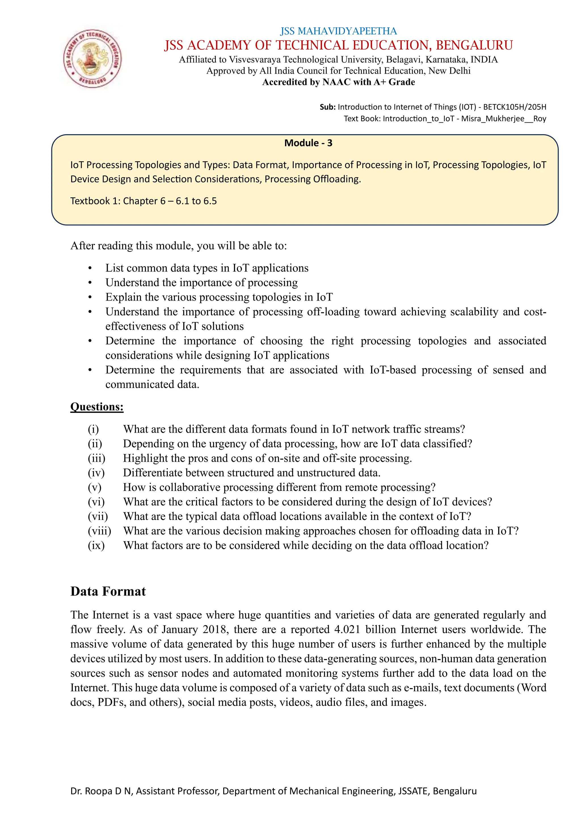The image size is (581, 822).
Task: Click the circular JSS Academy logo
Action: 92,58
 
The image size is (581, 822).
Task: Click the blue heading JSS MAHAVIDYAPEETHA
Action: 338,31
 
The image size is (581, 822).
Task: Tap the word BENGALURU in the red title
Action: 474,45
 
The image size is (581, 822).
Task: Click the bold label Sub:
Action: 327,107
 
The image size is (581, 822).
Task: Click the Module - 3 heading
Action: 308,143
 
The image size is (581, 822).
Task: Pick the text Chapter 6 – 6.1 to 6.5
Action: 170,201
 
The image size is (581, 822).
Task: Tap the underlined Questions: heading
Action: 97,407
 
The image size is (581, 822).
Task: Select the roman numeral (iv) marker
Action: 96,473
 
